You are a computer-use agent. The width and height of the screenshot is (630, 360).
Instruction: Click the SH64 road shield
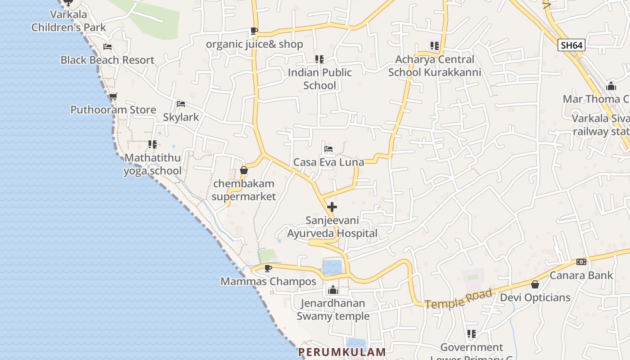pos(571,45)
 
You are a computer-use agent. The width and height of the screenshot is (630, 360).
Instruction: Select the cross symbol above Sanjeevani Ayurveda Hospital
pos(332,207)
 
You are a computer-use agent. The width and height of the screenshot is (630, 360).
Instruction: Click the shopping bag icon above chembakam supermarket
pos(243,170)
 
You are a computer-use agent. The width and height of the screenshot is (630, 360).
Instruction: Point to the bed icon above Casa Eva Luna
pos(328,149)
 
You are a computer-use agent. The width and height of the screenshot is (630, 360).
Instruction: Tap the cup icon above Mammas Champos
pos(268,269)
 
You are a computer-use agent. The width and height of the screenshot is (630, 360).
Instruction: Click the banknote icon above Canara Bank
pos(581,262)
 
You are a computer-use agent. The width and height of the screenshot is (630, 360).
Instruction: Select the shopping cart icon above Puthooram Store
pos(113,97)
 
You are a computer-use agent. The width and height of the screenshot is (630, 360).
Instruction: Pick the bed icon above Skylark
pos(181,104)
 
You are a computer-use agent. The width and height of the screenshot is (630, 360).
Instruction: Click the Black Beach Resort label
pos(107,60)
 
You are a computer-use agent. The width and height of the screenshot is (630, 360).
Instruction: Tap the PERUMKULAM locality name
pos(342,352)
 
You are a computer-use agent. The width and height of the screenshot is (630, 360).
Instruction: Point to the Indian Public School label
pos(319,79)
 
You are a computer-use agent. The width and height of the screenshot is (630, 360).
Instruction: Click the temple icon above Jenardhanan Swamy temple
pos(333,290)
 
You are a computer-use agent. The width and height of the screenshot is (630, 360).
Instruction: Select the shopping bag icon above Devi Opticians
pos(535,284)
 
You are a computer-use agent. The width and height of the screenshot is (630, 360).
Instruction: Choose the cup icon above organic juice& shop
pos(254,31)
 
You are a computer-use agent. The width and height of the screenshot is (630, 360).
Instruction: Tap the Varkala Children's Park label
pos(68,21)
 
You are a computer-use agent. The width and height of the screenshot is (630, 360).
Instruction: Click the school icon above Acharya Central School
pos(434,45)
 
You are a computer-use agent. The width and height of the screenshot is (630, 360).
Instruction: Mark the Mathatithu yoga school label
pos(153,164)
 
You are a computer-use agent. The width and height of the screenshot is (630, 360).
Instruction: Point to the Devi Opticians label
pos(535,297)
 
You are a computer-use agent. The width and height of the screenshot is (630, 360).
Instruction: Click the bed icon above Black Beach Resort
pos(107,47)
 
